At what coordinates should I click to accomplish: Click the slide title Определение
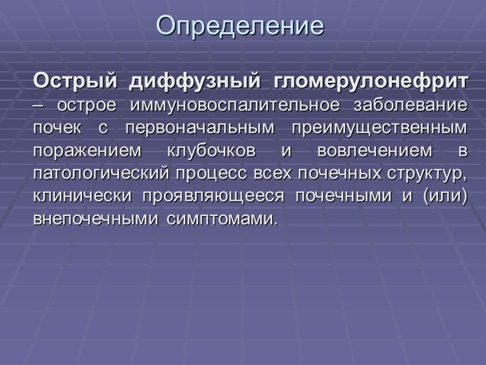(x=240, y=26)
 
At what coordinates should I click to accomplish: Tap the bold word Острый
(x=72, y=81)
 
